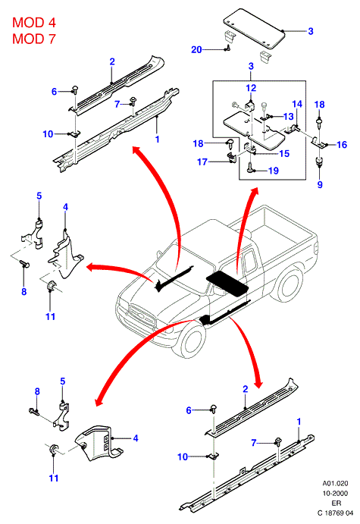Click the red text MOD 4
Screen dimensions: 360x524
[x=34, y=23]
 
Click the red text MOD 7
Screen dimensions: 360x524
[x=34, y=39]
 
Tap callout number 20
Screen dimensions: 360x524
[x=196, y=50]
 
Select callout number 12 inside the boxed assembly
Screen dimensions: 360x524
[x=251, y=88]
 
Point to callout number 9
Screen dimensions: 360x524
[x=320, y=184]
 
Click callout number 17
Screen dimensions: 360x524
[x=202, y=162]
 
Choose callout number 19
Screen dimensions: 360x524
[x=274, y=171]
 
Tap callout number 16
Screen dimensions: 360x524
[x=342, y=145]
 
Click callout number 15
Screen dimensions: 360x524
[x=284, y=154]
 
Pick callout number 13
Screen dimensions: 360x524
[x=288, y=116]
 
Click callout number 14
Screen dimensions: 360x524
[x=297, y=104]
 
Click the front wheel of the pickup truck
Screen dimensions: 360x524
[x=189, y=341]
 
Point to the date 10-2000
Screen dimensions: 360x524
[x=335, y=493]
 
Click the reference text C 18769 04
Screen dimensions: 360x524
[x=335, y=513]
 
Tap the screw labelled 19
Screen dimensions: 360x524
[x=250, y=167]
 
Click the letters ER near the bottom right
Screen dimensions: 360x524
[x=336, y=504]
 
